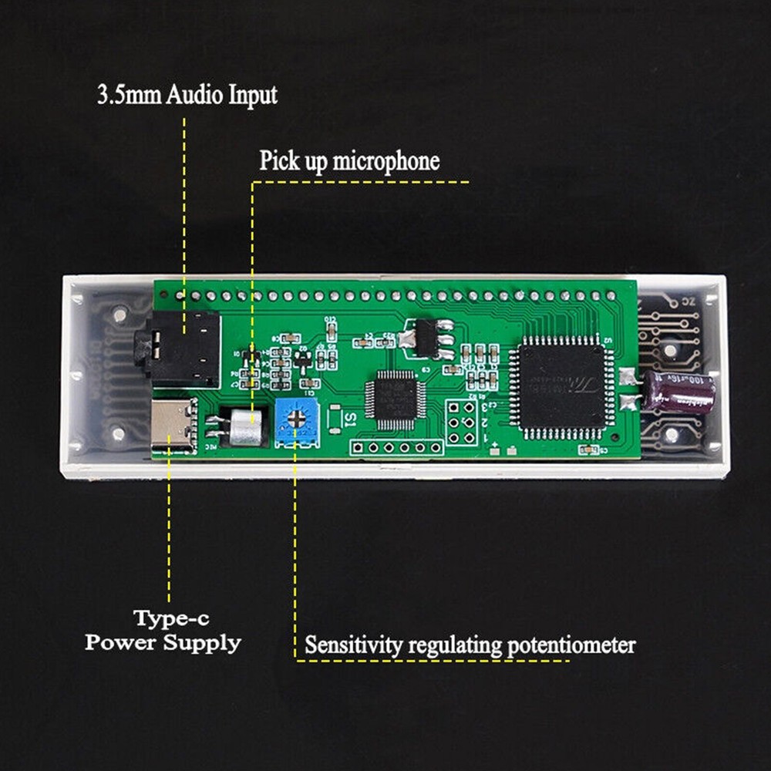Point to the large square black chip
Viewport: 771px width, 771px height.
click(561, 385)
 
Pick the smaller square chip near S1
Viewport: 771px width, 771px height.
click(395, 399)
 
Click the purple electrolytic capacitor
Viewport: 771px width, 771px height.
click(679, 391)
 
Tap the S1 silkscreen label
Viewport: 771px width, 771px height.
click(349, 420)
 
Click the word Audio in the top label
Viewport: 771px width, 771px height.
click(197, 96)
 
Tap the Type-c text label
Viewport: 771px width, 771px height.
click(170, 618)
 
